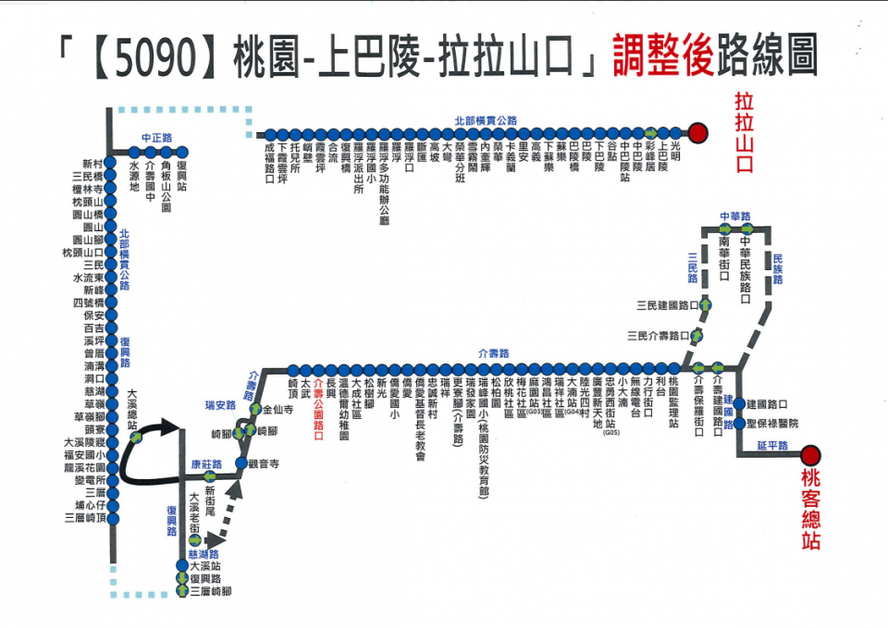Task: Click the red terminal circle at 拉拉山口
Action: click(x=698, y=133)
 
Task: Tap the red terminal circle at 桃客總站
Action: click(x=810, y=454)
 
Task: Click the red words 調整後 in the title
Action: click(x=661, y=57)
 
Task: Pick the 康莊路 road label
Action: click(x=207, y=464)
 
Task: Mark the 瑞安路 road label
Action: click(x=220, y=404)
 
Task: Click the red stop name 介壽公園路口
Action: click(x=319, y=408)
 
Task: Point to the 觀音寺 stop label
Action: click(x=264, y=462)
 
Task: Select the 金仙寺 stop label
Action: click(x=278, y=408)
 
